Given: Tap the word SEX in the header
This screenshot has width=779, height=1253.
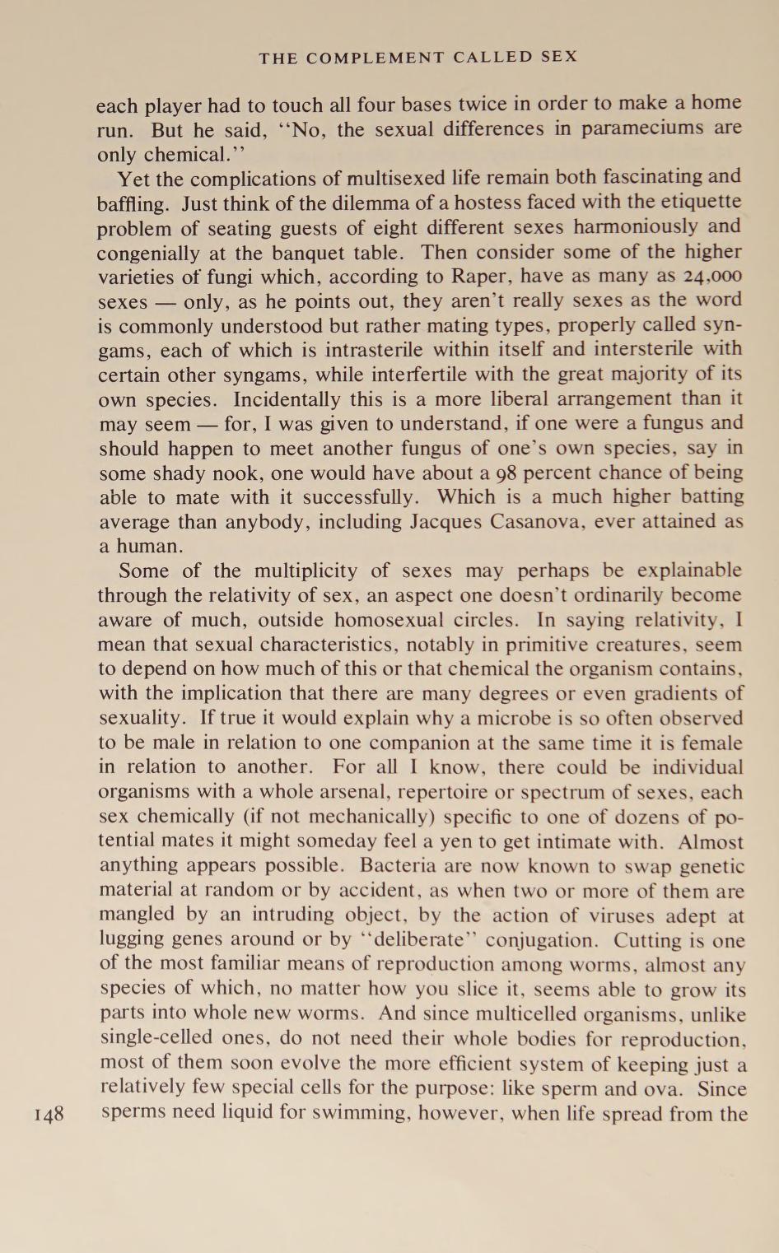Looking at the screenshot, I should click(x=560, y=58).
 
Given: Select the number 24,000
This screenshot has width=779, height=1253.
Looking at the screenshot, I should click(x=709, y=277).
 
